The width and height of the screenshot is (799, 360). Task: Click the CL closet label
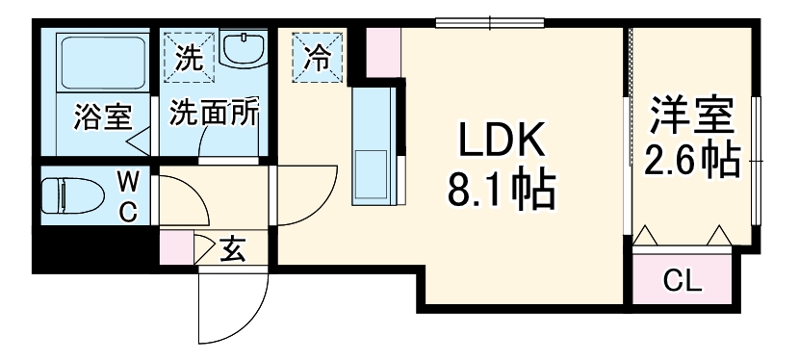pos(683,281)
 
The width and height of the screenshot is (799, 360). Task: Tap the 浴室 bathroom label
pos(102,117)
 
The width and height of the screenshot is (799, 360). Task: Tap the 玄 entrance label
pos(232,251)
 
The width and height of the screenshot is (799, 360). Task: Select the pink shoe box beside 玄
pos(176,249)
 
